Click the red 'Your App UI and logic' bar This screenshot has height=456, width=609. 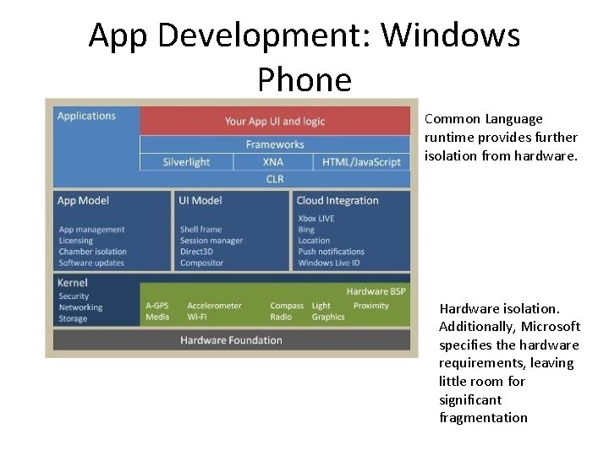pos(275,121)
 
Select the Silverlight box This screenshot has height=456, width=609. pos(186,162)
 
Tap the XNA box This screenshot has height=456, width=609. pos(273,162)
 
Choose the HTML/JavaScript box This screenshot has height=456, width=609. pos(363,162)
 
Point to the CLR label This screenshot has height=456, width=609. pos(275,179)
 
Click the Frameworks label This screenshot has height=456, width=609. pos(275,144)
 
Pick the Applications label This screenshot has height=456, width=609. pos(86,116)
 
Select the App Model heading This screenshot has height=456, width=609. pos(83,201)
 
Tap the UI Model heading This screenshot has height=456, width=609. pos(200,201)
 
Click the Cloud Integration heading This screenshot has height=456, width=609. pos(337,201)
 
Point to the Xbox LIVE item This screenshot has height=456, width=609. pos(316,219)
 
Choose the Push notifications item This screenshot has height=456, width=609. pos(331,252)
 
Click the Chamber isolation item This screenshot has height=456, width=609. pos(92,252)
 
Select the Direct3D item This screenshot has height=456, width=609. pos(199,252)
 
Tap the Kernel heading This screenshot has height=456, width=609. pos(73,283)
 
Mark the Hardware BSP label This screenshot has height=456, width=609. pos(376,290)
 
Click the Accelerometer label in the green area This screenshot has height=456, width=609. pos(214,306)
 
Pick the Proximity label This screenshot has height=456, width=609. pos(370,306)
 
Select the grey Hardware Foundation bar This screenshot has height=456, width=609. pos(231,340)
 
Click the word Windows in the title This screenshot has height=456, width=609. pos(450,35)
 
